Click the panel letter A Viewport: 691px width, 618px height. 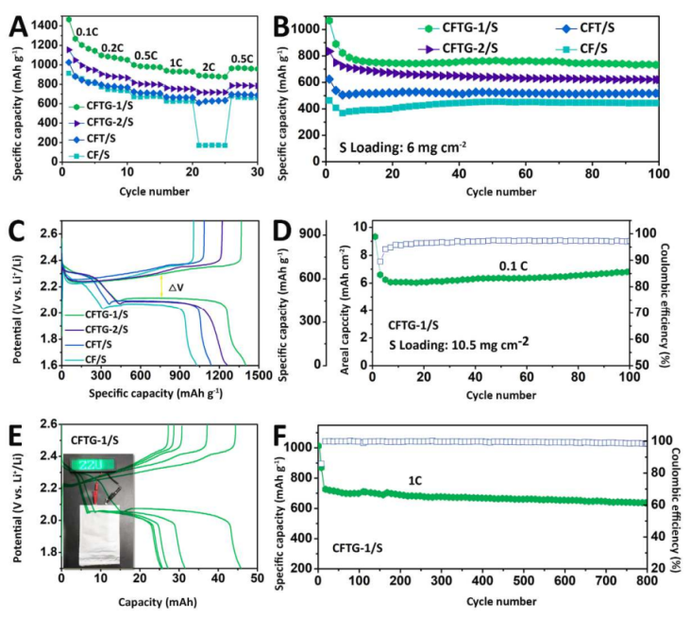pos(17,15)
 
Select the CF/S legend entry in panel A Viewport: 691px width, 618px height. pos(87,155)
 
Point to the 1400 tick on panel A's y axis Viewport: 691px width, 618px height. pos(42,20)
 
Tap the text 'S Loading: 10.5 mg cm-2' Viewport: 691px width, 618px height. pos(457,345)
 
